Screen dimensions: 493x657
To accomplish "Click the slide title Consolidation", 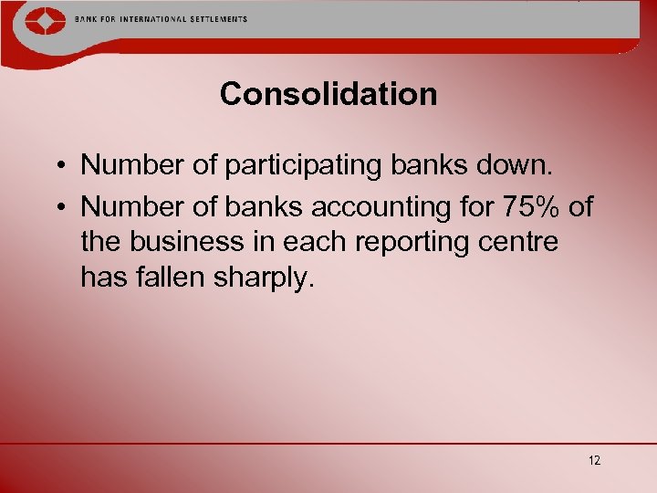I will [328, 94].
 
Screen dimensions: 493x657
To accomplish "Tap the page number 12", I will [595, 460].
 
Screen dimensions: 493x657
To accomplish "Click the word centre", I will [521, 242].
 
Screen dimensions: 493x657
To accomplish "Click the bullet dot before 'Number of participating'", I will [57, 167].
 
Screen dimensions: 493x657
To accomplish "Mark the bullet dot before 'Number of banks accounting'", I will [57, 208].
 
